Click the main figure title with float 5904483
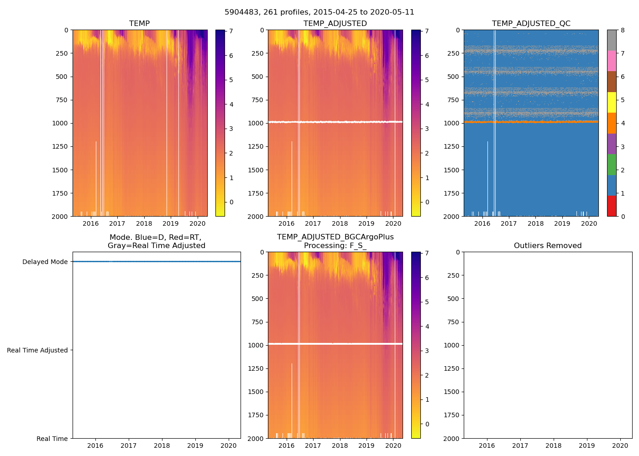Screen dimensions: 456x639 [x=319, y=12]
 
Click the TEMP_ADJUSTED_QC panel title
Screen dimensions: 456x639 [x=531, y=24]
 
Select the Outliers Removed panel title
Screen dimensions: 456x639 [x=548, y=246]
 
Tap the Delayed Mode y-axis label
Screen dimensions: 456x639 [x=45, y=262]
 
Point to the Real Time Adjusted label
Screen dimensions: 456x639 [x=37, y=350]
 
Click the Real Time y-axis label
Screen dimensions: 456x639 [x=52, y=439]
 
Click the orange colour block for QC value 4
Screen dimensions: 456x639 [x=612, y=123]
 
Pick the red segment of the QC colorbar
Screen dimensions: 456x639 [x=612, y=206]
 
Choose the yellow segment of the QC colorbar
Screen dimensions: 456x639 [x=612, y=103]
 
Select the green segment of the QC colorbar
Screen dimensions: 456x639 [x=612, y=165]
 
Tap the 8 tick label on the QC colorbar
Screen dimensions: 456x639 [x=622, y=31]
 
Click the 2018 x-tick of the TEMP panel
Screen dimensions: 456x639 [x=144, y=223]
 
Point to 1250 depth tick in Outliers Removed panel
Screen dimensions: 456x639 [x=451, y=368]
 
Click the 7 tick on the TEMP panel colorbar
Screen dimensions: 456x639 [x=231, y=31]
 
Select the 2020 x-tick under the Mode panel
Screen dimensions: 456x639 [x=229, y=446]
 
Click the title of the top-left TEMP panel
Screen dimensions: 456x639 [x=139, y=24]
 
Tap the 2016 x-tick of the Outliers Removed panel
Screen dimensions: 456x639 [x=487, y=446]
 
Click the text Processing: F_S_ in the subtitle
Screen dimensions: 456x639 [x=335, y=246]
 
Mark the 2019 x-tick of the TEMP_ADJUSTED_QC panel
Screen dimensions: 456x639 [x=562, y=223]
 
